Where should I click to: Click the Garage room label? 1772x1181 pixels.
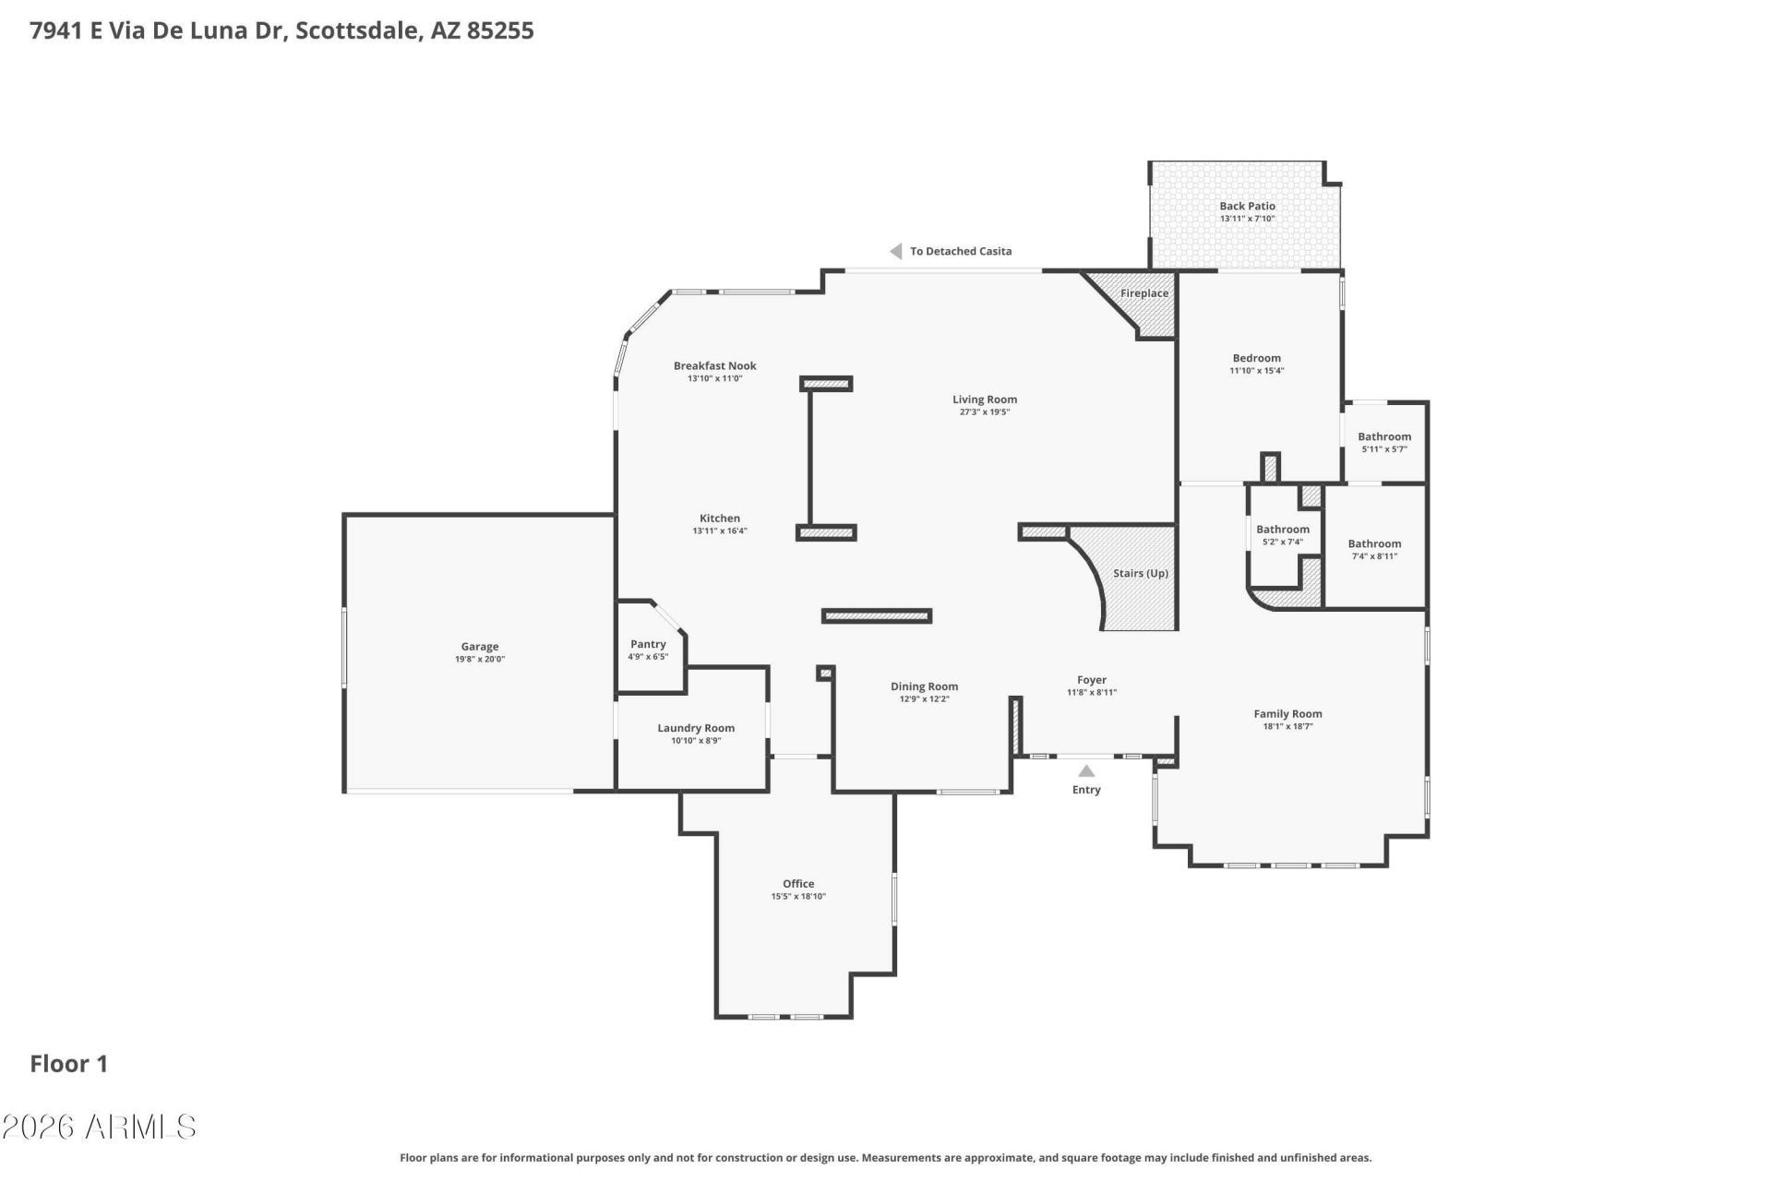[x=480, y=647]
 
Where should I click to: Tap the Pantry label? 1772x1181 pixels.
[x=648, y=644]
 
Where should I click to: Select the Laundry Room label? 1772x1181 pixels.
[x=696, y=728]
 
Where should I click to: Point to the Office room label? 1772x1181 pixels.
[x=798, y=883]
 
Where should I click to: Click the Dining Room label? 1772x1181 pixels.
[x=924, y=686]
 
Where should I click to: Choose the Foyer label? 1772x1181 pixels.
[x=1092, y=680]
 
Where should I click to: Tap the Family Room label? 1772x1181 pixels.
[x=1287, y=713]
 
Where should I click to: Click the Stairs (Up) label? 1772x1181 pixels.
[x=1141, y=573]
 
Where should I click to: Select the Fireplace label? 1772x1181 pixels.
[x=1144, y=293]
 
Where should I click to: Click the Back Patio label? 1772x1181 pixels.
[x=1247, y=207]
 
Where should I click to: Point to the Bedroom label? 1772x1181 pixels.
[x=1256, y=358]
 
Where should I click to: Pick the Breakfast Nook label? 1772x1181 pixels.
[x=714, y=365]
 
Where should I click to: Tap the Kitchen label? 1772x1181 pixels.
[x=720, y=519]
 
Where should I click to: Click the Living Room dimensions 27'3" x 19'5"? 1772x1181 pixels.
[x=985, y=412]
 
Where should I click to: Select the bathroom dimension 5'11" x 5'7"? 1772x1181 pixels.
[x=1384, y=449]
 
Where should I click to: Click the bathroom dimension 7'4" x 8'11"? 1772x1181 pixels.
[x=1374, y=556]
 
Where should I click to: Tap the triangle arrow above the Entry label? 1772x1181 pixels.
[x=1086, y=771]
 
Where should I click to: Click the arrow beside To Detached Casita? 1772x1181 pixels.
[x=895, y=251]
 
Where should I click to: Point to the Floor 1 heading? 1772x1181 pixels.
[x=69, y=1064]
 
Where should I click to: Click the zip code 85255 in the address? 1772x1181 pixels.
[x=500, y=30]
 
